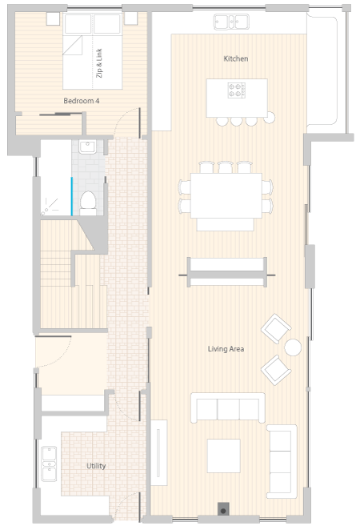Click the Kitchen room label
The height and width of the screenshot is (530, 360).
tap(236, 58)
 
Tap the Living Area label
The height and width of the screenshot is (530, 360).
tap(226, 349)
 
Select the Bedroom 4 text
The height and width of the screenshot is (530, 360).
tap(82, 101)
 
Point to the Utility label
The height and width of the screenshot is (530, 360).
tap(96, 466)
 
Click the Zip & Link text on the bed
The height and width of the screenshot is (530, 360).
tap(99, 63)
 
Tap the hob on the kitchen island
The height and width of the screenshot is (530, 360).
tap(236, 90)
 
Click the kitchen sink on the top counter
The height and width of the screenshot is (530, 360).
tap(231, 22)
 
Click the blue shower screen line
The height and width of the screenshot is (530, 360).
tap(71, 196)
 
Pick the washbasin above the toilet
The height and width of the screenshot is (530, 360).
tap(87, 147)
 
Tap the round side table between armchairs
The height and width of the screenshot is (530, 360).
tap(293, 347)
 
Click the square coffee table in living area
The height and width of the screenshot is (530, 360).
tap(223, 456)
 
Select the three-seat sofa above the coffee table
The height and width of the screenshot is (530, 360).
tap(228, 408)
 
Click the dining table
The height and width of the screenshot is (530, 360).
tap(226, 195)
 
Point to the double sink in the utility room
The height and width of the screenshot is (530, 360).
tap(49, 464)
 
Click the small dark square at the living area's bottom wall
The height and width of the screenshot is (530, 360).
tap(223, 509)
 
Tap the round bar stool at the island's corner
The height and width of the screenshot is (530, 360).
tap(269, 118)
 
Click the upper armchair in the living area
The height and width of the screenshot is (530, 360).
tap(276, 328)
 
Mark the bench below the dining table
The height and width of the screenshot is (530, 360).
tap(226, 224)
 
